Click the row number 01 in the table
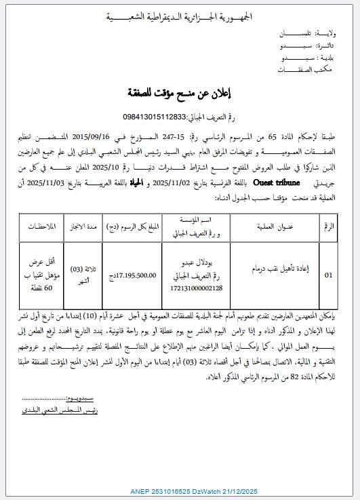pos(329,275)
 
